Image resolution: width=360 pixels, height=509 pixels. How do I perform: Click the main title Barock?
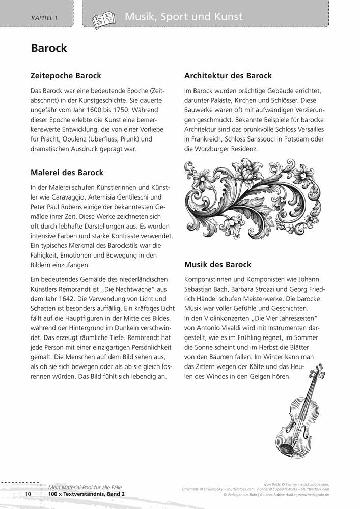click(49, 48)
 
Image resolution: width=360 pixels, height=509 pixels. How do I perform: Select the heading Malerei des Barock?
click(67, 173)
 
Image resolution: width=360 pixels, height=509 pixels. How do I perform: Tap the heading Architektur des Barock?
click(228, 76)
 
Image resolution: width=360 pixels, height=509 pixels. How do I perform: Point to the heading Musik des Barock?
click(217, 265)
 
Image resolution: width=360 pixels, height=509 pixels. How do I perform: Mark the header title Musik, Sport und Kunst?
click(183, 17)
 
